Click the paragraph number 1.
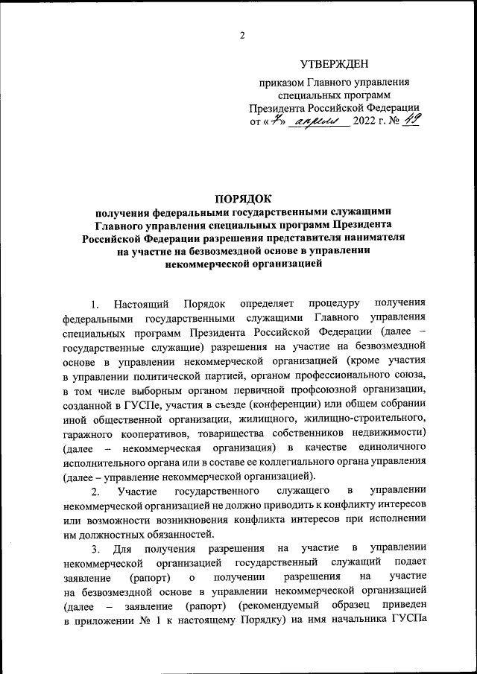pos(94,304)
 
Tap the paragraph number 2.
pos(95,492)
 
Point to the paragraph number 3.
pos(95,549)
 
